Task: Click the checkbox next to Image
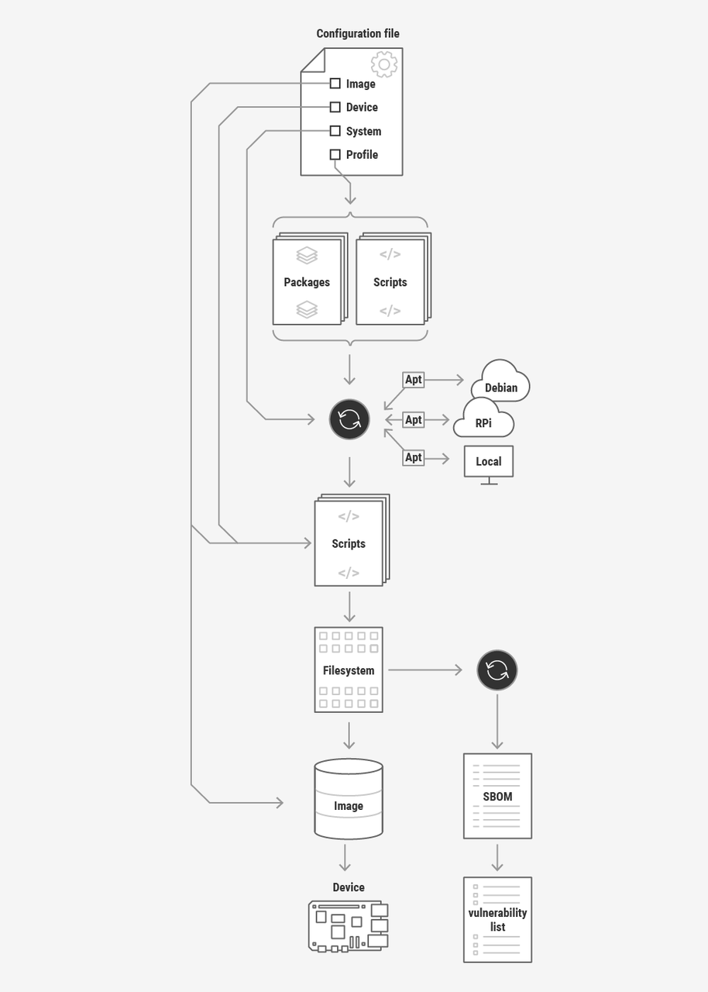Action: coord(335,84)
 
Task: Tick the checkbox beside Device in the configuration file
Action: coord(335,107)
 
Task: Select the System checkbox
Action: coord(335,131)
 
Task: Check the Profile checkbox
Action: coord(335,154)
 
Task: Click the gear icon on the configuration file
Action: coord(383,64)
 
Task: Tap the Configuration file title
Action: coord(358,34)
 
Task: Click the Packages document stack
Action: coord(308,281)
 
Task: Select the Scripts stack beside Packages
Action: coord(391,281)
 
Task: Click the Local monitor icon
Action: coord(489,463)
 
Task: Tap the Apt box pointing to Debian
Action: coord(414,380)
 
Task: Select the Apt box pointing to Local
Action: coord(414,458)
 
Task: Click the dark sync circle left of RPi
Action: coord(349,419)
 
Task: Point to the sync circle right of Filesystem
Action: coord(497,670)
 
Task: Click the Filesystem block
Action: coord(349,670)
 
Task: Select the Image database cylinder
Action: coord(349,799)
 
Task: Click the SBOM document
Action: coord(497,796)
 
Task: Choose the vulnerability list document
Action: coord(497,920)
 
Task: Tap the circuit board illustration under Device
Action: coord(349,925)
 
